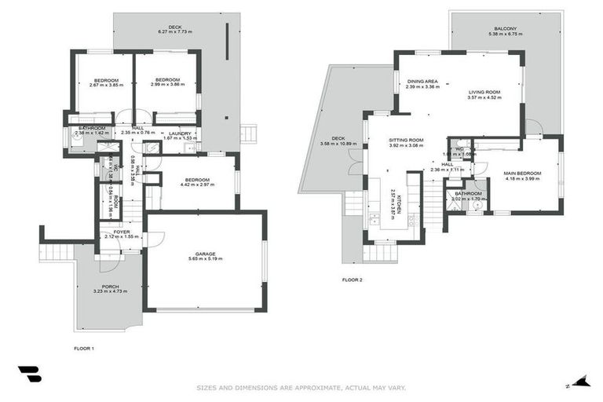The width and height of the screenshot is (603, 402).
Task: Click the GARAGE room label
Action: [206, 254]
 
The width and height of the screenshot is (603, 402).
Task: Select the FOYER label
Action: [121, 232]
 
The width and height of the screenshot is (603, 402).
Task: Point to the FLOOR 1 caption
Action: [83, 347]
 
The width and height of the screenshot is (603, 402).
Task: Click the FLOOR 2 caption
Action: [352, 279]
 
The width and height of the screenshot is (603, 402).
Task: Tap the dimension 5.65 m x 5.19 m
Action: [206, 259]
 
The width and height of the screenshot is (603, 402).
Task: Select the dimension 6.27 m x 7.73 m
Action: [174, 31]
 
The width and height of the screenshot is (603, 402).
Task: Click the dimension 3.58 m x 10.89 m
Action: [338, 144]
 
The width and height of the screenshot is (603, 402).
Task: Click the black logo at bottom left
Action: [29, 375]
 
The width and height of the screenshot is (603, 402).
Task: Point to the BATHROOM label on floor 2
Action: [468, 193]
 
